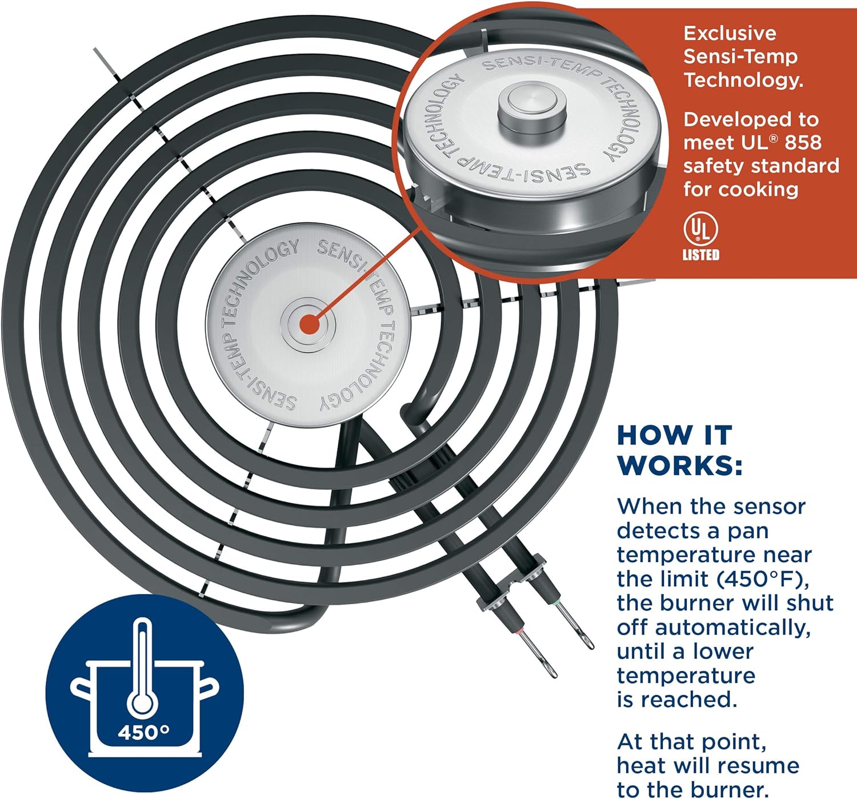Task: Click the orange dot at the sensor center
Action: coord(309,325)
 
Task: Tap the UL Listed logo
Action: coord(701,236)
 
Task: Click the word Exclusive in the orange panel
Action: coord(730,33)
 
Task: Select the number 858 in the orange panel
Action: coord(803,142)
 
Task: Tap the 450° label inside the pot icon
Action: coord(143,732)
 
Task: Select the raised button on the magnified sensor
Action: coord(531,106)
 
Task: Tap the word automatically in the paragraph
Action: coord(733,627)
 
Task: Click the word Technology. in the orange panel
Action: coord(743,80)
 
